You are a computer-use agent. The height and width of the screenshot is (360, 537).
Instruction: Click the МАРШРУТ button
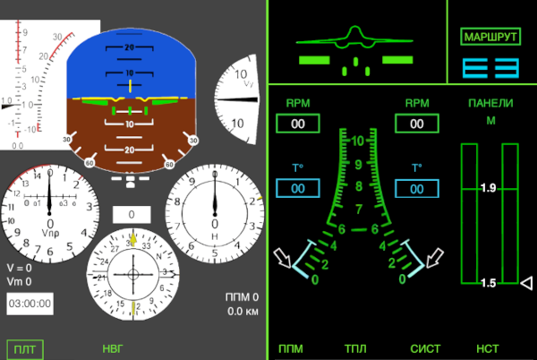490,37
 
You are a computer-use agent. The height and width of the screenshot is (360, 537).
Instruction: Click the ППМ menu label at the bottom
291,349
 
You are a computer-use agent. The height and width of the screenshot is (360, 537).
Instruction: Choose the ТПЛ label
357,349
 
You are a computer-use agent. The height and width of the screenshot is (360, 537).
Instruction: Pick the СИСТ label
425,349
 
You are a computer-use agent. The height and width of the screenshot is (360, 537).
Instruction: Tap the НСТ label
488,349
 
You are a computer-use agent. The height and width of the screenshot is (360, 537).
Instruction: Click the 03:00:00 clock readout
30,304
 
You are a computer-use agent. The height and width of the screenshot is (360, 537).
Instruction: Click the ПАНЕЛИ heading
490,103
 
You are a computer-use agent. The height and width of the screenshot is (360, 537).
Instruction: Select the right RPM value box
416,124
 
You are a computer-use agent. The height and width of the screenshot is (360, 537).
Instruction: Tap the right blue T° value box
416,188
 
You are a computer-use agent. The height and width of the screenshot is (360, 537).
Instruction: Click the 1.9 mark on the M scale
489,188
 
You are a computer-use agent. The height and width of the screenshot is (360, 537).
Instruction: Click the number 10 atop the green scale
358,141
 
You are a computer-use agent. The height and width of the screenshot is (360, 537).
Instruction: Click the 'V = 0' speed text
19,268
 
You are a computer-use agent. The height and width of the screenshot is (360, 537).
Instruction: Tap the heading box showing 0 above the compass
131,215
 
